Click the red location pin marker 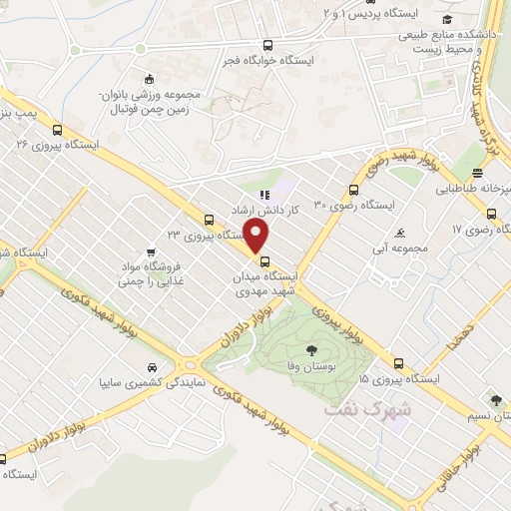[x=256, y=237]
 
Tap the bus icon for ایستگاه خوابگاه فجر [x=266, y=45]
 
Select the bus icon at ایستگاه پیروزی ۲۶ [x=57, y=129]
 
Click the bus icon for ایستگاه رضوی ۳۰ [x=353, y=190]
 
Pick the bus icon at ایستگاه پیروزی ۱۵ [x=398, y=363]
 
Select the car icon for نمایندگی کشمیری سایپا [x=151, y=366]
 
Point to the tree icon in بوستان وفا [x=312, y=349]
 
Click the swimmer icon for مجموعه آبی [x=399, y=233]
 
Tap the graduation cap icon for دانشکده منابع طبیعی [x=448, y=20]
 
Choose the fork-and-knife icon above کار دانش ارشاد [x=263, y=196]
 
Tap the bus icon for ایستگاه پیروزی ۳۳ [x=208, y=220]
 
